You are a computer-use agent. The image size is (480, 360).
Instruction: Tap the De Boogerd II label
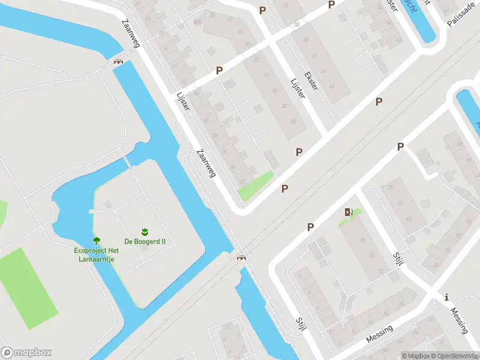tap(145, 242)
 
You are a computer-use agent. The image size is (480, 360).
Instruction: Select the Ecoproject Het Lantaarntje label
tap(95, 254)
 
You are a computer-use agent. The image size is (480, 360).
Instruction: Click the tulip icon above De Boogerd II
tap(145, 231)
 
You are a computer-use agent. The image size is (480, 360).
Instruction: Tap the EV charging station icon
tap(349, 212)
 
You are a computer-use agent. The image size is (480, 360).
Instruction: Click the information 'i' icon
tap(446, 297)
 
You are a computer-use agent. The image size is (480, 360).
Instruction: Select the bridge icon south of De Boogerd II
tap(242, 257)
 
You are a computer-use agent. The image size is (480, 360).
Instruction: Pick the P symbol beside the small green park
tap(285, 189)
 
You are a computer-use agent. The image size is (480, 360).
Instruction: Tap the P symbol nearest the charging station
tap(311, 227)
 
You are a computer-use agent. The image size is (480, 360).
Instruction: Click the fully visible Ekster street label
tap(312, 81)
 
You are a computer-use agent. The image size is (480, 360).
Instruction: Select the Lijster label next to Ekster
tap(297, 88)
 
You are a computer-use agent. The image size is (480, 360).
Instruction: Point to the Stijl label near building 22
tap(301, 323)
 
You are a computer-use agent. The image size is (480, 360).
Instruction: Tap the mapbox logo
tap(26, 353)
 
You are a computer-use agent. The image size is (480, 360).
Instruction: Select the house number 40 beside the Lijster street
tap(293, 121)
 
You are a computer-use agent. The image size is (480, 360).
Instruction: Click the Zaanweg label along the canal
tap(206, 163)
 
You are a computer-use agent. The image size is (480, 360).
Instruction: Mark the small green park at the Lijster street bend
tap(256, 185)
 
